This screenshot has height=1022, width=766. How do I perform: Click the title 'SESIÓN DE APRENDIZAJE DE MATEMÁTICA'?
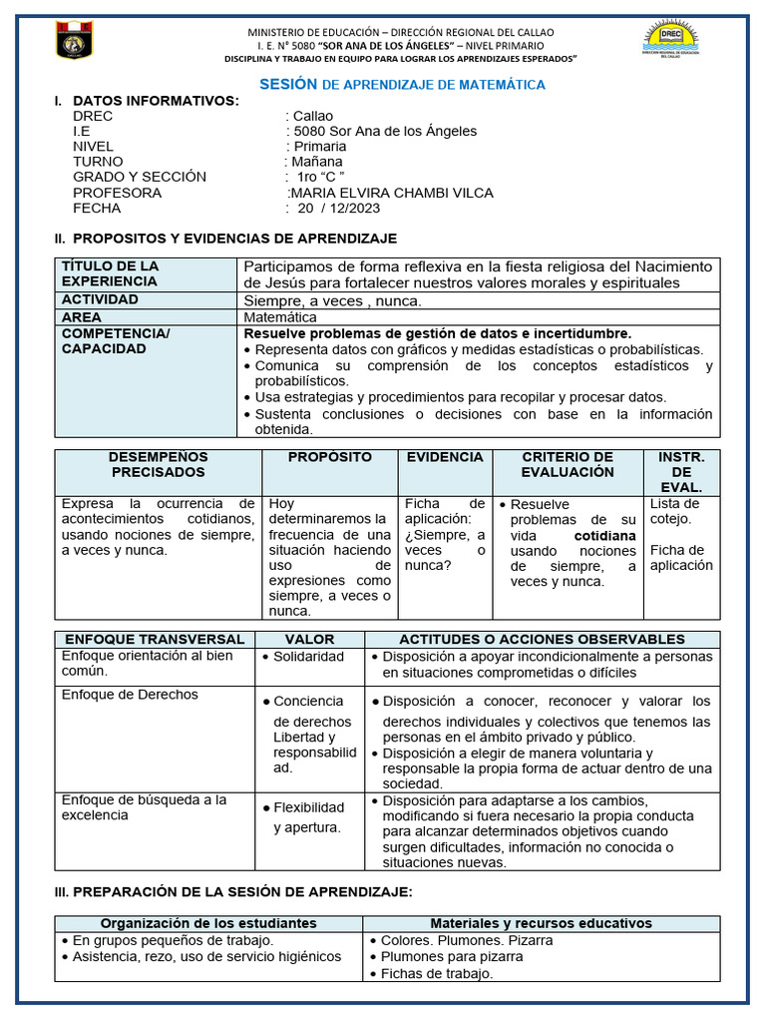pyautogui.click(x=402, y=85)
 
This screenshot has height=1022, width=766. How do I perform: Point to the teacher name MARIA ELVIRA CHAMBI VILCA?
pyautogui.click(x=391, y=193)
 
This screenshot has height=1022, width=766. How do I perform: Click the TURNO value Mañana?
pyautogui.click(x=316, y=162)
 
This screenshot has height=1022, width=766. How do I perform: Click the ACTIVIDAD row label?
pyautogui.click(x=101, y=299)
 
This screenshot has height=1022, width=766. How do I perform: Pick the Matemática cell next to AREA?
pyautogui.click(x=280, y=317)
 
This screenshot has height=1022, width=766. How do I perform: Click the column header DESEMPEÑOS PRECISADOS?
pyautogui.click(x=158, y=464)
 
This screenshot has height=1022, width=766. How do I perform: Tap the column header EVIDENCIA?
pyautogui.click(x=445, y=457)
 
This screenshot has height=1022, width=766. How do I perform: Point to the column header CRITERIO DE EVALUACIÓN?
pyautogui.click(x=568, y=464)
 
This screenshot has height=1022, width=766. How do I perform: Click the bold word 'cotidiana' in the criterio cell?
pyautogui.click(x=604, y=536)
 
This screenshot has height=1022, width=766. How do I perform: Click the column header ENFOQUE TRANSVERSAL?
pyautogui.click(x=154, y=639)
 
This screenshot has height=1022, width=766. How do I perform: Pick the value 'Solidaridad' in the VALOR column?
pyautogui.click(x=308, y=657)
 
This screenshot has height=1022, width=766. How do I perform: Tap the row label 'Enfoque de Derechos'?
pyautogui.click(x=130, y=695)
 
